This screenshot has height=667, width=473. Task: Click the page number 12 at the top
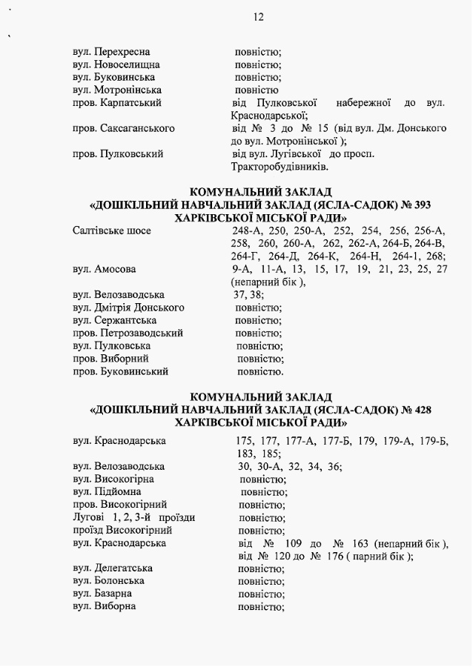pyautogui.click(x=258, y=17)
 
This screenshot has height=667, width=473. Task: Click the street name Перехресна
pyautogui.click(x=122, y=52)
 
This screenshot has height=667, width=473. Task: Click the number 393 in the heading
pyautogui.click(x=419, y=205)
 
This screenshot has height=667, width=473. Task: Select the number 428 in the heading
pyautogui.click(x=419, y=409)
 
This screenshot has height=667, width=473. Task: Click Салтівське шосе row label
pyautogui.click(x=112, y=230)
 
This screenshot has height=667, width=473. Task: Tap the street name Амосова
pyautogui.click(x=115, y=269)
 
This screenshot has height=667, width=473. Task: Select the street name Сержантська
pyautogui.click(x=125, y=320)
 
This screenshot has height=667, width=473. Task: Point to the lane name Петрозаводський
pyautogui.click(x=139, y=333)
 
